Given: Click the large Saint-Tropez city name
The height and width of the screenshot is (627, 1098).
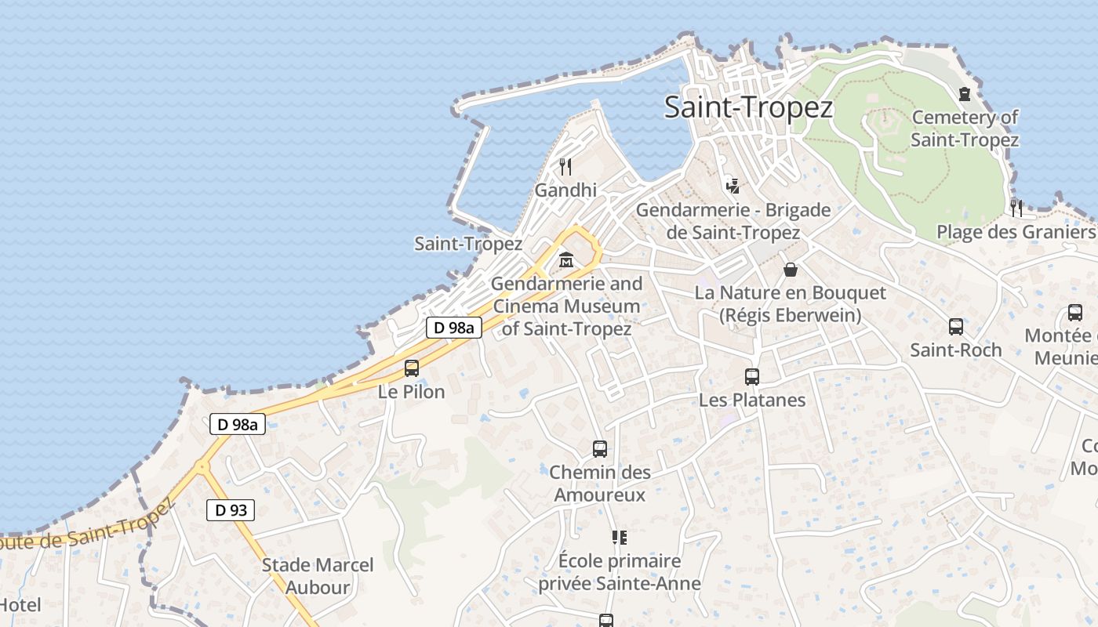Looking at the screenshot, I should click(748, 107).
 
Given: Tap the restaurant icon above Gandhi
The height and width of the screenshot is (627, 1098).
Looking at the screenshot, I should click(565, 166).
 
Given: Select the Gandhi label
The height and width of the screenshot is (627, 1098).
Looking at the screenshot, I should click(565, 190).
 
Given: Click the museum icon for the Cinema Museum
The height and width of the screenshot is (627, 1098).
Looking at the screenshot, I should click(565, 259).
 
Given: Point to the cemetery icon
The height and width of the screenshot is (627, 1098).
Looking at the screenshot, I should click(964, 94).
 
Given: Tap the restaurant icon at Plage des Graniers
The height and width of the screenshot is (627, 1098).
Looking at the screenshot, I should click(1016, 208).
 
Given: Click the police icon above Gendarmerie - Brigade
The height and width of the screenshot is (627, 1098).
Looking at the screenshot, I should click(733, 186).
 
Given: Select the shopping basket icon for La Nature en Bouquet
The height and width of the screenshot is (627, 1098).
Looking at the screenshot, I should click(791, 270).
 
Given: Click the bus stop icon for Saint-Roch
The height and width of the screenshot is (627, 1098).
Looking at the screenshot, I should click(956, 327).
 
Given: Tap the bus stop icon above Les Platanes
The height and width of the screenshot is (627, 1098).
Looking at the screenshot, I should click(752, 377).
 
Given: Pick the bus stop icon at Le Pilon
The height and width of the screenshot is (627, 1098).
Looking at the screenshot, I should click(412, 368).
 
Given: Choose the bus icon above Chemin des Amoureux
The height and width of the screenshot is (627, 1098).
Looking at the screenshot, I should click(600, 449).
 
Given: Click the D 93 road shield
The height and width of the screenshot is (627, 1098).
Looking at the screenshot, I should click(231, 510).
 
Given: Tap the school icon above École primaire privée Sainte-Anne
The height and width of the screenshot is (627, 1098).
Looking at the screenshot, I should click(620, 538).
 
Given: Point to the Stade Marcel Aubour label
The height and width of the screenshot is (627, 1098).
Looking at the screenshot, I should click(318, 575).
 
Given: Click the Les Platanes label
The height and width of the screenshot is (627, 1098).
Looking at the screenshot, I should click(752, 400).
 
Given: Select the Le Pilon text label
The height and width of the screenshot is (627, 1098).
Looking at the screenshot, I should click(412, 391).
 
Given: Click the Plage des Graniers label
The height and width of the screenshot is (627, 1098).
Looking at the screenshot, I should click(1016, 232).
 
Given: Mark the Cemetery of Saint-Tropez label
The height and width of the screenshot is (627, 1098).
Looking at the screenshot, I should click(965, 129).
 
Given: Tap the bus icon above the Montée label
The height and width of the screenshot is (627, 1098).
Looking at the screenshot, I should click(1075, 313).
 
